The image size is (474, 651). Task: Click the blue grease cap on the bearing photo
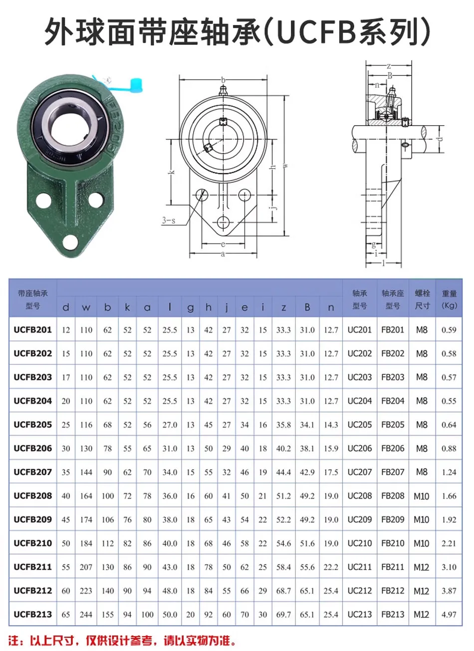click(x=135, y=85)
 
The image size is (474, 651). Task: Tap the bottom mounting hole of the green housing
click(x=70, y=241)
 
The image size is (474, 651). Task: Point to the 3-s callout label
click(x=169, y=220)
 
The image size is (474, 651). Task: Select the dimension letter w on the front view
click(x=285, y=165)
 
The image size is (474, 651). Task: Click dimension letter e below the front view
click(x=223, y=244)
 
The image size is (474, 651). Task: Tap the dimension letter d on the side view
click(x=440, y=139)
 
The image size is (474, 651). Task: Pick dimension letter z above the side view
click(x=389, y=66)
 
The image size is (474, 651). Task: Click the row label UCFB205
click(x=33, y=425)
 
